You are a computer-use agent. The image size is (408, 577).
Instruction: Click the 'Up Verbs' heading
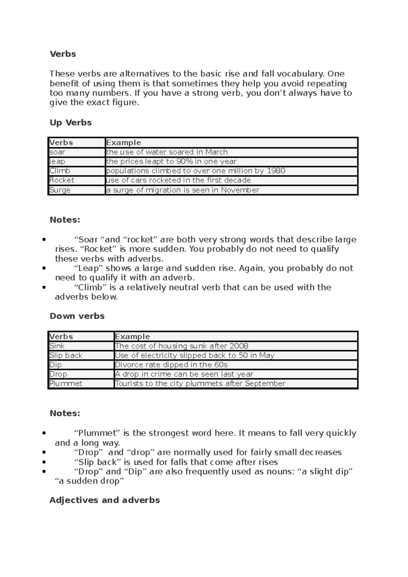click(71, 123)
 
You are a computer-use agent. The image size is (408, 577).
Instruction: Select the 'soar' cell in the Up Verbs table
click(57, 152)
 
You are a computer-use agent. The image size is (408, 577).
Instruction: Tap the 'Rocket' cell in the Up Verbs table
click(62, 180)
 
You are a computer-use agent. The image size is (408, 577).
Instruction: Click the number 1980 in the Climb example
click(276, 171)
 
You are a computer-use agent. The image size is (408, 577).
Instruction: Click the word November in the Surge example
click(240, 190)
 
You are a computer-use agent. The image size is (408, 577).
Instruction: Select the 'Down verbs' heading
click(77, 316)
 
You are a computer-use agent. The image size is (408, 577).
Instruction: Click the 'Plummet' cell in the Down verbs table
click(66, 384)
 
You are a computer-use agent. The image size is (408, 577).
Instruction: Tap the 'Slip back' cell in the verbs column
click(66, 355)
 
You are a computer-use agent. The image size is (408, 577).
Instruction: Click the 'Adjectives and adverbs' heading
click(104, 500)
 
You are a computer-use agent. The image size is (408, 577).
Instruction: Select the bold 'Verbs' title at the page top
click(63, 54)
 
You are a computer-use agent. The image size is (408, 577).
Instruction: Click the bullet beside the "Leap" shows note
click(44, 268)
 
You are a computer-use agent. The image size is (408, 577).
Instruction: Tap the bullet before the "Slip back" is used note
click(44, 462)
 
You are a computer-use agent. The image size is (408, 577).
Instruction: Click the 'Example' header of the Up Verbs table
click(123, 143)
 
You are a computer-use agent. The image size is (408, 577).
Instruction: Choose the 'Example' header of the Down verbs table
click(132, 336)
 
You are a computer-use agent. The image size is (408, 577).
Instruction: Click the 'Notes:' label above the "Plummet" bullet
click(65, 413)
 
